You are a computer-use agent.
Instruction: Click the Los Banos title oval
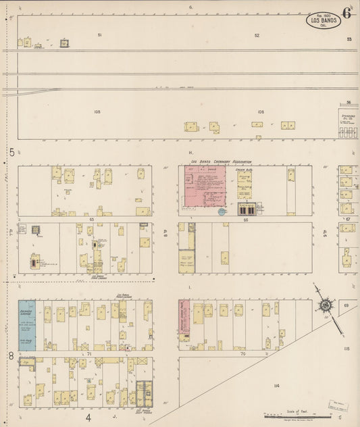[x=324, y=20]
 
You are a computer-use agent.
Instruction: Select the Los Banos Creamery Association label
[x=221, y=162]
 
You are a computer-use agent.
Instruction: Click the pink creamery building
[x=206, y=189]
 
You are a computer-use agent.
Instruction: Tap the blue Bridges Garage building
[x=26, y=325]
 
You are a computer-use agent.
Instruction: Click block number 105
[x=97, y=111]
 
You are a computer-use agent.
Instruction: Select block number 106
[x=260, y=111]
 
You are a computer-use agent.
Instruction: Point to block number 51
[x=99, y=34]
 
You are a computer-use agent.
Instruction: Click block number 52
[x=257, y=35]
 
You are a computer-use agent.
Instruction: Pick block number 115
[x=346, y=349]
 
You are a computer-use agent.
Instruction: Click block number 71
[x=88, y=353]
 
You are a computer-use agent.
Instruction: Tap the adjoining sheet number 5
[x=11, y=153]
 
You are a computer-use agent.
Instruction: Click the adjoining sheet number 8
[x=11, y=355]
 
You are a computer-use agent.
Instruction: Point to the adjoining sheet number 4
[x=88, y=418]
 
